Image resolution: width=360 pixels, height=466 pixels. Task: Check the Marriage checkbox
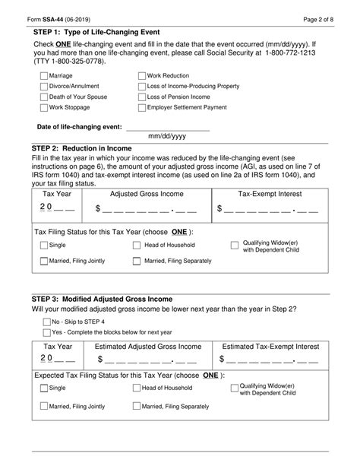point(43,77)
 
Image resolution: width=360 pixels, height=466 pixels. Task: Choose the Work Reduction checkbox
point(142,77)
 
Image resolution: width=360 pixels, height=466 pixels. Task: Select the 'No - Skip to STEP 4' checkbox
point(47,322)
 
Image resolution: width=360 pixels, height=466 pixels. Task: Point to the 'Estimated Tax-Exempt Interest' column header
point(270,346)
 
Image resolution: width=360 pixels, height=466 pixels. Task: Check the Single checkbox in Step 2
point(43,246)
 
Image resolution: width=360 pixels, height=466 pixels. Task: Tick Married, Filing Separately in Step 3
point(137,407)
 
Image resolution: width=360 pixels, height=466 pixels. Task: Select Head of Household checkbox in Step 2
point(137,246)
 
